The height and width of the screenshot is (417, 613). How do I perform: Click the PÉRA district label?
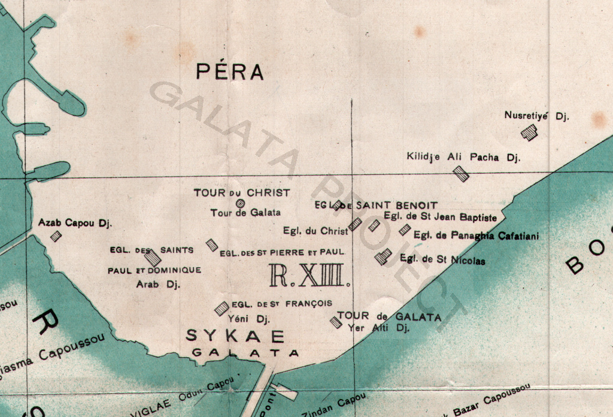(x=230, y=72)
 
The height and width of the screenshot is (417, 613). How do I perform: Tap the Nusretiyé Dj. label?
(x=536, y=116)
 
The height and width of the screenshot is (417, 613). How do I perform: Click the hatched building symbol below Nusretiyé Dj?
(x=529, y=132)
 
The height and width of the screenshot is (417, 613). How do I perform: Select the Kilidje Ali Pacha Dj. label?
(x=463, y=157)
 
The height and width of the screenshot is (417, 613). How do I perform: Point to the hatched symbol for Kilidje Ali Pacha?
(x=460, y=174)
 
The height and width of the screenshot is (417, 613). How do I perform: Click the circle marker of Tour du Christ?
(x=240, y=203)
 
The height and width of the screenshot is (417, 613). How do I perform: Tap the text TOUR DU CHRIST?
(x=241, y=193)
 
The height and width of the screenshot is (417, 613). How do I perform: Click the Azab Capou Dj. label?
(x=75, y=223)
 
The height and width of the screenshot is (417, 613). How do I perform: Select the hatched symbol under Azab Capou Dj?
(x=56, y=236)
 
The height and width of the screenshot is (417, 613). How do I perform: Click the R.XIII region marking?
(x=308, y=275)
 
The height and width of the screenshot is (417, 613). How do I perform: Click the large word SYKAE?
(x=235, y=336)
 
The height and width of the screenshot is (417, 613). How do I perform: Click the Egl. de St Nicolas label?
(x=442, y=261)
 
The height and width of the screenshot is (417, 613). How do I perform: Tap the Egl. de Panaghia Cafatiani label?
(x=476, y=236)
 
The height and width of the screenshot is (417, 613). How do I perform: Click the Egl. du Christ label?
(x=315, y=231)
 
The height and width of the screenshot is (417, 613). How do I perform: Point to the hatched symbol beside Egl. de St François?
(x=221, y=307)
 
